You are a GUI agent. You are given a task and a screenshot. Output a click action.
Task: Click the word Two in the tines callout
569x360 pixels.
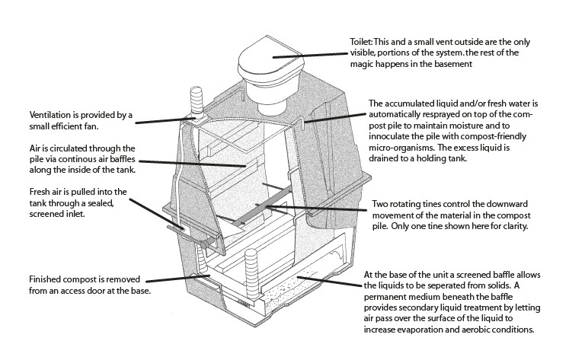(x=379, y=204)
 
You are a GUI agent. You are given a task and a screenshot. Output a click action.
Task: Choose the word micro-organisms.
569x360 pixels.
(x=401, y=147)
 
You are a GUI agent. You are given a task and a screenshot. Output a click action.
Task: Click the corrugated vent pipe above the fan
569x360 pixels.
(x=196, y=100)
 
